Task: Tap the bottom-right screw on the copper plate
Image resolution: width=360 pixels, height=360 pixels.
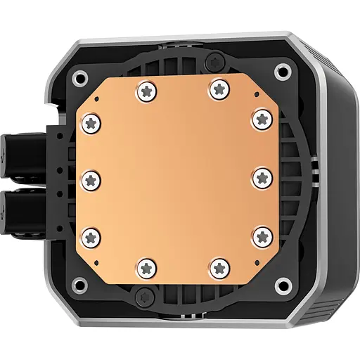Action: coord(217,266)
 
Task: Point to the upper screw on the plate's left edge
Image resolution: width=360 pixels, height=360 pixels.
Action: coord(91,123)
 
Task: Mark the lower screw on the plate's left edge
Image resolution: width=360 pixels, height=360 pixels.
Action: coord(91,236)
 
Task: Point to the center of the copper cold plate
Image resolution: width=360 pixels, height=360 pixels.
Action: coord(179,179)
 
